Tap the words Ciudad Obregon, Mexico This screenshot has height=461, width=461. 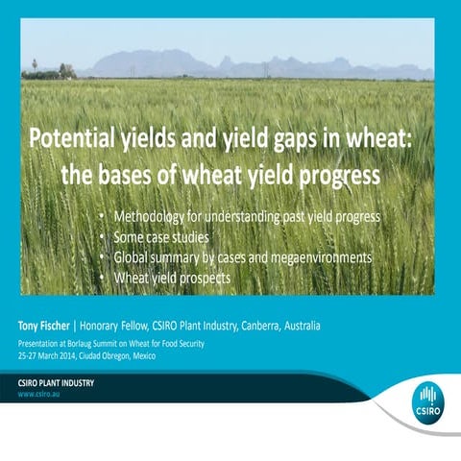[144, 355]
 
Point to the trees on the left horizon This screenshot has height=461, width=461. [58, 70]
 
